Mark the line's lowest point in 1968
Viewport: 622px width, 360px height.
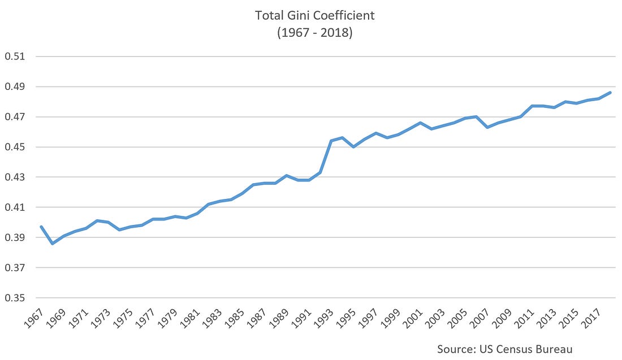point(53,244)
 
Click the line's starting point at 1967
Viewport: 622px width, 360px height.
point(41,227)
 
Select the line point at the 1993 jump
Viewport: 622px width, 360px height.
point(331,141)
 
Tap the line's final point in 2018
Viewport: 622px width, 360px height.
point(610,92)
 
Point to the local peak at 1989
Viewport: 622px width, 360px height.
point(287,175)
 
